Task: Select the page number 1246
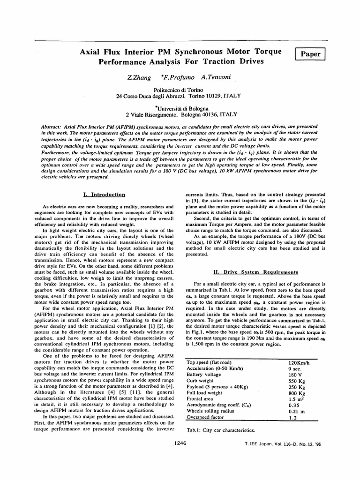click(x=180, y=442)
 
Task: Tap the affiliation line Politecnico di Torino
click(x=180, y=89)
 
